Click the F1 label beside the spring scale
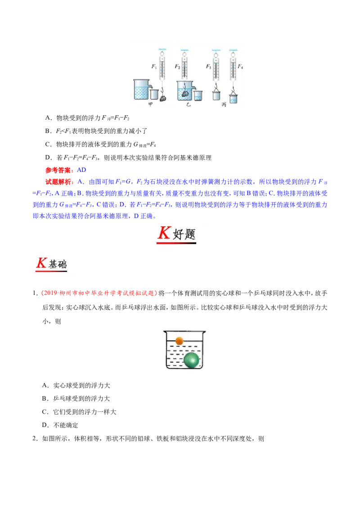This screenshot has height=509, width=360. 154,67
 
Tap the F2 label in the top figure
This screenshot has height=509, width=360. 177,67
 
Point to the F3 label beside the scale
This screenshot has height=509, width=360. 208,67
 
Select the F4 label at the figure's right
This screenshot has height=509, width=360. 240,67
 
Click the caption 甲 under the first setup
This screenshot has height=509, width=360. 150,104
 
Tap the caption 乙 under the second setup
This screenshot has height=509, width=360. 189,104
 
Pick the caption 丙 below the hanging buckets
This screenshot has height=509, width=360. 224,104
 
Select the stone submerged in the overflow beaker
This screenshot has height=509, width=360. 185,94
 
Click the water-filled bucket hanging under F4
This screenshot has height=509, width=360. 233,98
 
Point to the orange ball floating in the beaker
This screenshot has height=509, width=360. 180,341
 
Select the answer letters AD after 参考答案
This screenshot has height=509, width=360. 81,170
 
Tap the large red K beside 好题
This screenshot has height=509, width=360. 164,233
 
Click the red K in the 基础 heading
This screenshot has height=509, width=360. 41,263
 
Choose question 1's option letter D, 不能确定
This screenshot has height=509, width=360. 45,425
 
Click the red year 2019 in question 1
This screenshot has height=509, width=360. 50,293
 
